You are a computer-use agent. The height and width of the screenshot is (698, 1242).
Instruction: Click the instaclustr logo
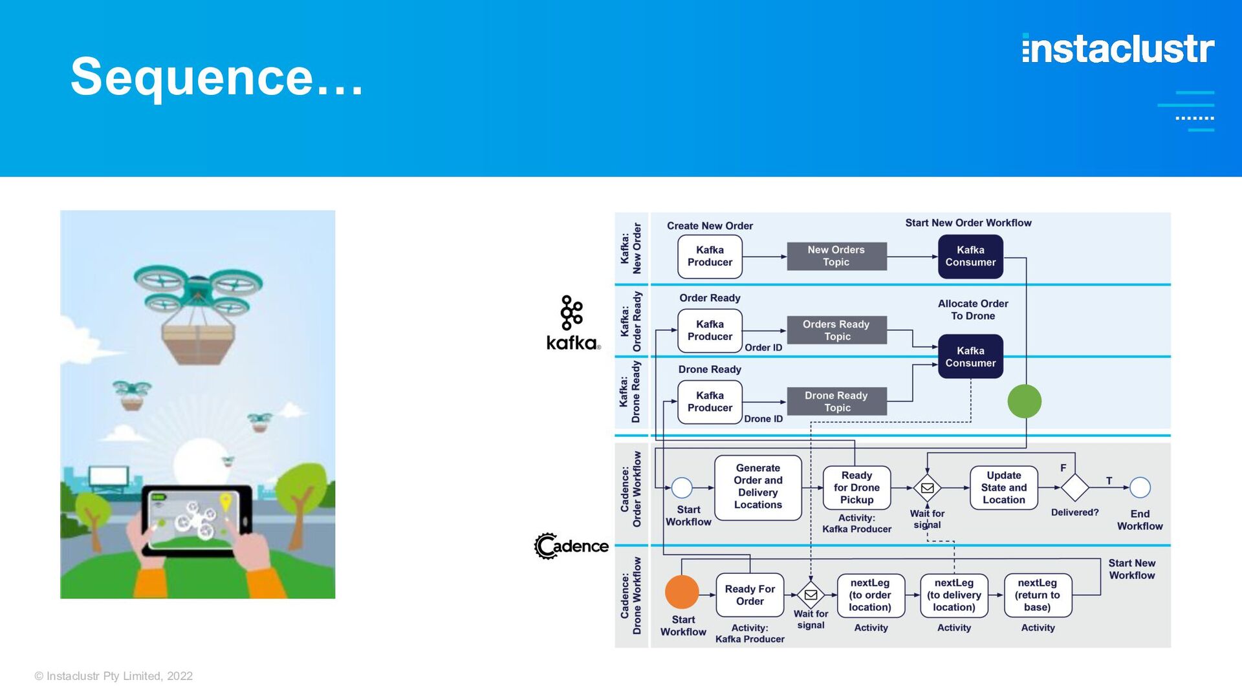click(1118, 48)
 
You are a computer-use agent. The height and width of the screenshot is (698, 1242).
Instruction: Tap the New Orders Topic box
click(836, 257)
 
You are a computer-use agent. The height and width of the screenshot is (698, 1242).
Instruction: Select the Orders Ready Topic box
click(836, 330)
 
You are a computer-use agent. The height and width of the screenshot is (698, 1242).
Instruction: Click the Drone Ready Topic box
click(836, 401)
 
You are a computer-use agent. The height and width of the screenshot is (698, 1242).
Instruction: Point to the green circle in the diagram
click(1025, 401)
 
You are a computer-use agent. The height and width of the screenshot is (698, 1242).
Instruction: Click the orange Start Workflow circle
click(682, 592)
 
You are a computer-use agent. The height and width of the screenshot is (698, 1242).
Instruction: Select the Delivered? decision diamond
click(1074, 487)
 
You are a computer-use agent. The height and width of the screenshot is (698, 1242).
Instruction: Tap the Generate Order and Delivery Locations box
click(758, 487)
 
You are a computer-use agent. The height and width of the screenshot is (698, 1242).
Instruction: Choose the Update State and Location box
click(1004, 487)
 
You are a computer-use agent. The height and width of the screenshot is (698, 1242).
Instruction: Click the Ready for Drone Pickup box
click(856, 487)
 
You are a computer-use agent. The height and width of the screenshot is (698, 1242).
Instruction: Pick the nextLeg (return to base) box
click(1038, 595)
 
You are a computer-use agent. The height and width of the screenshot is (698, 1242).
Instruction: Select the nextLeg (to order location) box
click(870, 595)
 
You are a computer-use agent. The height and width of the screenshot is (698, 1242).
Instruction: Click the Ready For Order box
click(750, 595)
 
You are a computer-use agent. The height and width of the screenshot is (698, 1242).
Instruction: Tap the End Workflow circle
click(1140, 487)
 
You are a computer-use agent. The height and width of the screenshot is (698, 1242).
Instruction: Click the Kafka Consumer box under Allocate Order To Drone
click(970, 356)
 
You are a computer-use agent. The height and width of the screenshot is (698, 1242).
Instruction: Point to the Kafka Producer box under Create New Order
click(710, 257)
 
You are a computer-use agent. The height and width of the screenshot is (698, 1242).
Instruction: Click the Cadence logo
click(571, 546)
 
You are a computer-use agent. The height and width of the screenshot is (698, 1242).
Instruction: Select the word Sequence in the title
click(192, 76)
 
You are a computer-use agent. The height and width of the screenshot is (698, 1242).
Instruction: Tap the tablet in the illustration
click(197, 520)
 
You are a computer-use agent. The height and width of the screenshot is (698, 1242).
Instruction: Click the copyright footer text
click(114, 676)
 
